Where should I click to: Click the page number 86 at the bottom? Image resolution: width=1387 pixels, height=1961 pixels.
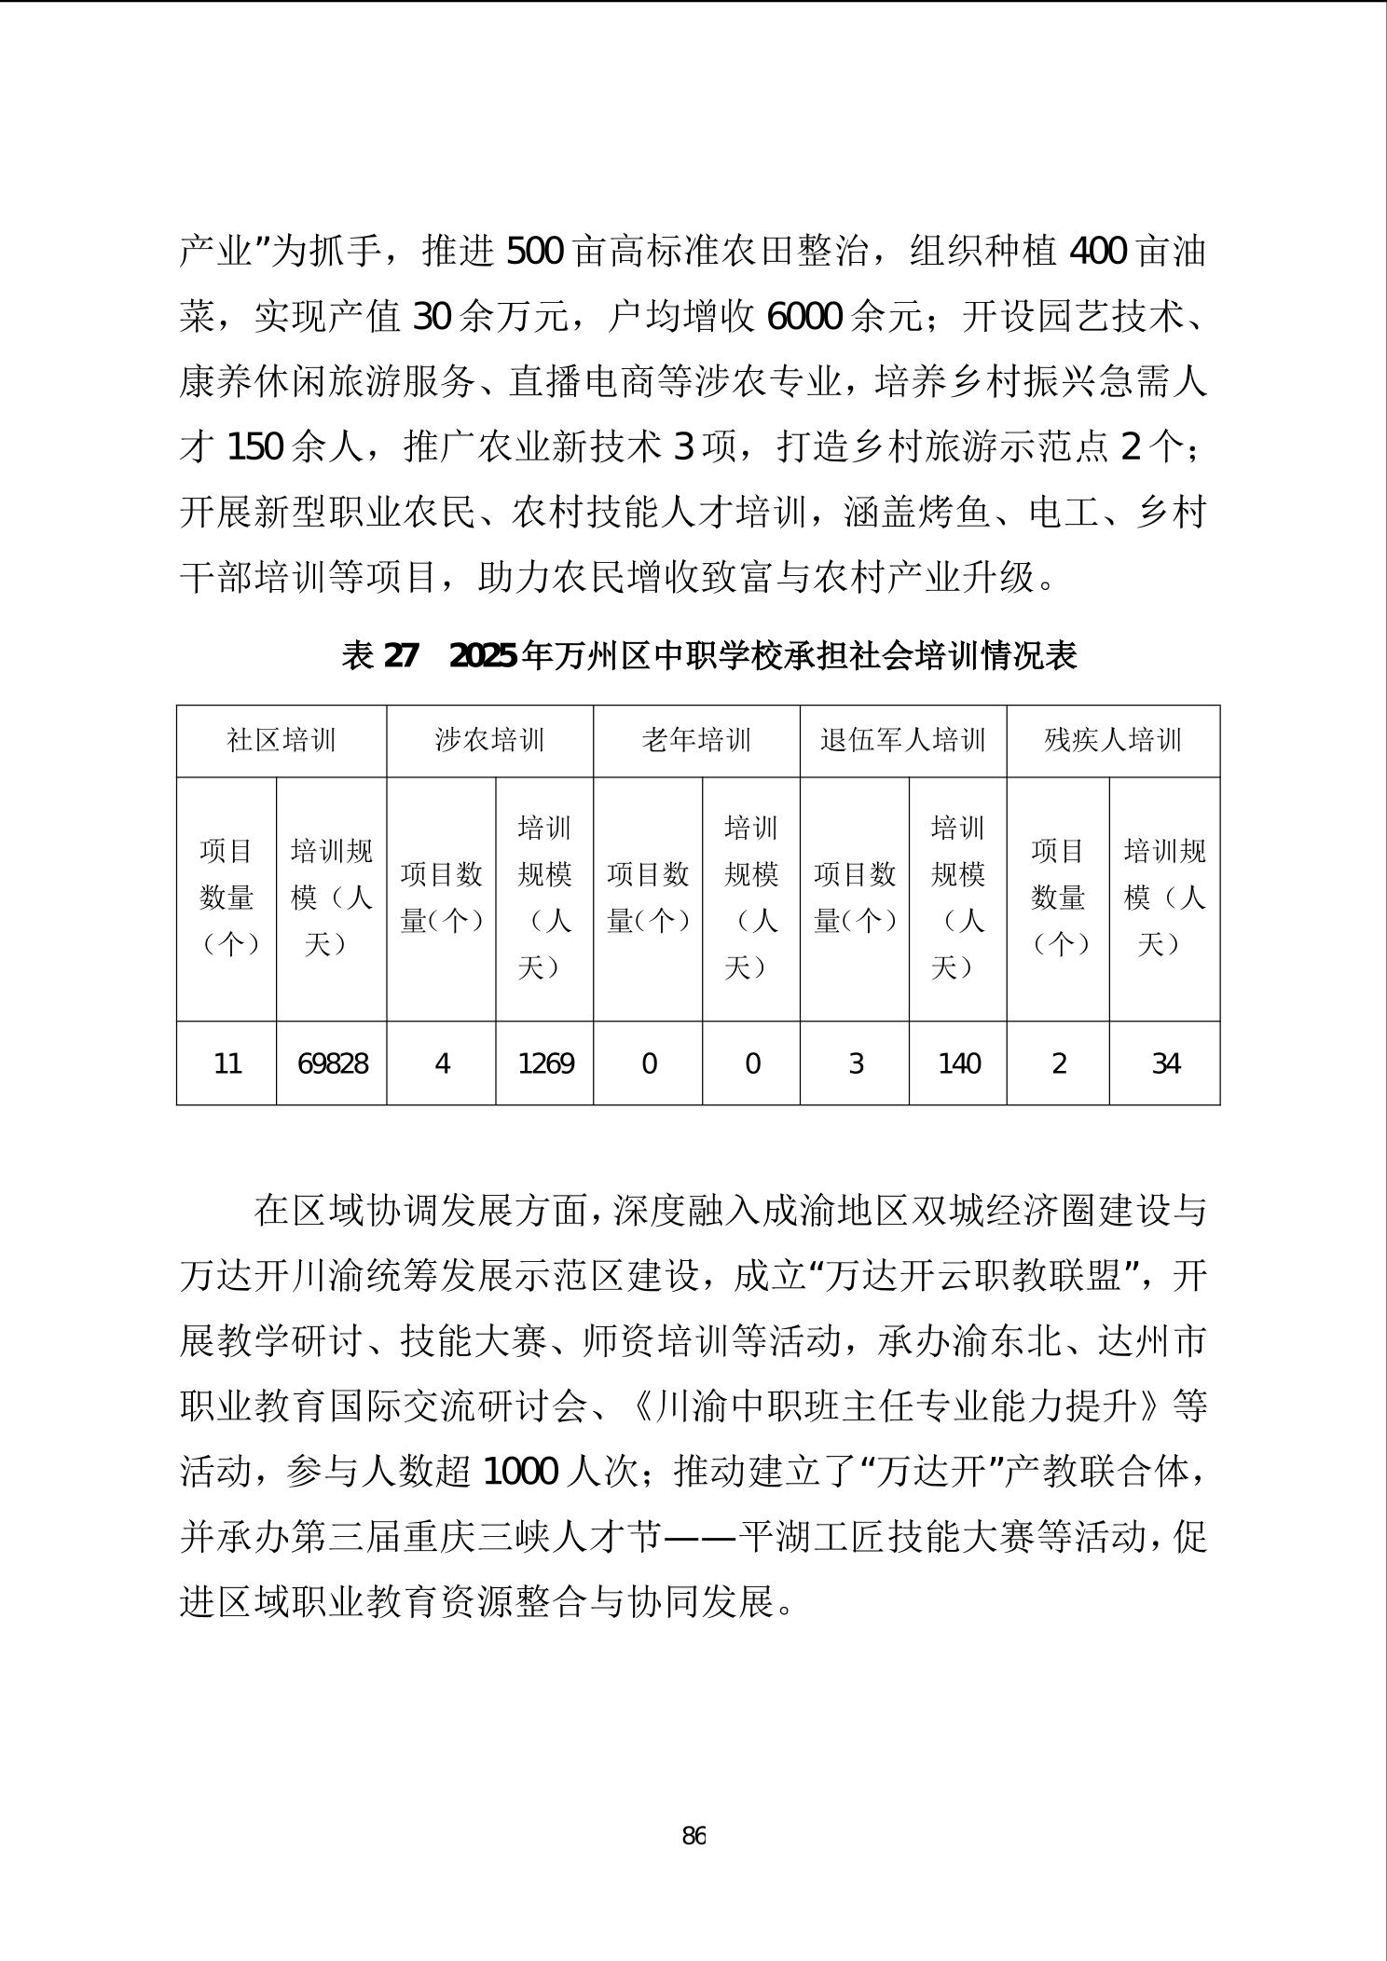[693, 1836]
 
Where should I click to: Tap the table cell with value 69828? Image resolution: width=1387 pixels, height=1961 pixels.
[332, 1063]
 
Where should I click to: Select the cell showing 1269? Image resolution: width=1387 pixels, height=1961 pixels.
[545, 1063]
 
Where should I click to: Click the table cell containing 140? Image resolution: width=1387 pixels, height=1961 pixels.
[958, 1063]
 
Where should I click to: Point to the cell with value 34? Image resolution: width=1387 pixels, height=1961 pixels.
[1165, 1063]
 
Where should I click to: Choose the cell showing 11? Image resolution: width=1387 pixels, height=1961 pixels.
[227, 1063]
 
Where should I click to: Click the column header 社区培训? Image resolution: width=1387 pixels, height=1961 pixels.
[282, 741]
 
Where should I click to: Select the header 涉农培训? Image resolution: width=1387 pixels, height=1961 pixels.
[489, 741]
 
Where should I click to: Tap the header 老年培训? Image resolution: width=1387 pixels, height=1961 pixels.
[696, 741]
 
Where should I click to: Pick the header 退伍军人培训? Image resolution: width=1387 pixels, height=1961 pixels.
[902, 741]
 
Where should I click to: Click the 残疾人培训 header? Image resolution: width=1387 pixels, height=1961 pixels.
[1113, 741]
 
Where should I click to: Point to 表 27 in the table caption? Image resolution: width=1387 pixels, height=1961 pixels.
[380, 656]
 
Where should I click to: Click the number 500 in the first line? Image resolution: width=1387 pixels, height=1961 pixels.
[533, 252]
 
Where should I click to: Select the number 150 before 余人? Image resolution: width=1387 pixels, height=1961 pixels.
[254, 448]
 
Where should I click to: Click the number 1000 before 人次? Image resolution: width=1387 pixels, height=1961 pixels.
[520, 1472]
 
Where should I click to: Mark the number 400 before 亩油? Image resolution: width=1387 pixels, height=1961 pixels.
[1097, 252]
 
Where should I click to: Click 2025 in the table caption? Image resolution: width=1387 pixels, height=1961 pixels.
[484, 656]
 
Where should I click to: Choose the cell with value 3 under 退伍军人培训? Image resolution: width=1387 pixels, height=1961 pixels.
[855, 1063]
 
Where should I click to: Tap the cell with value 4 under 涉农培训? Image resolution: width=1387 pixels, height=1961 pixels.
[442, 1063]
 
